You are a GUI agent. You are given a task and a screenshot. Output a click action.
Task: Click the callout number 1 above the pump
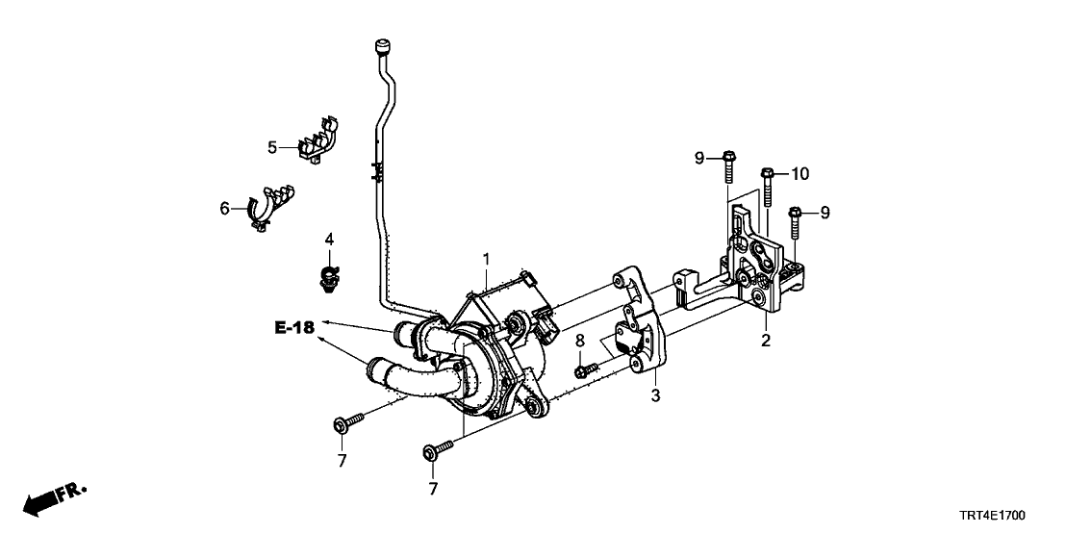tap(487, 259)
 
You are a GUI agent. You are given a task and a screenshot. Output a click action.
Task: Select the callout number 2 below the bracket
tap(766, 340)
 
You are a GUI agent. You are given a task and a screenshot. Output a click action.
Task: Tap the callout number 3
tap(654, 394)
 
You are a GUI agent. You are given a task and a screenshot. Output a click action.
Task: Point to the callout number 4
tap(329, 239)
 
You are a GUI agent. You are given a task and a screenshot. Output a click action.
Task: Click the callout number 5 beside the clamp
tap(272, 147)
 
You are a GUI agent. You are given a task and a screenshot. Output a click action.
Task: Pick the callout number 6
tap(224, 208)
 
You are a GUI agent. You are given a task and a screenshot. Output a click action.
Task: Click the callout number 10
tap(800, 174)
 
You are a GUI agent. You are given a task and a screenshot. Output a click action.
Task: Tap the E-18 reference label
tap(293, 327)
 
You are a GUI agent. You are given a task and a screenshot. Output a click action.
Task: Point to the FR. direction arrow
tap(53, 498)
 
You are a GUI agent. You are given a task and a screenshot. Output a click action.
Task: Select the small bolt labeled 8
tap(586, 369)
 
